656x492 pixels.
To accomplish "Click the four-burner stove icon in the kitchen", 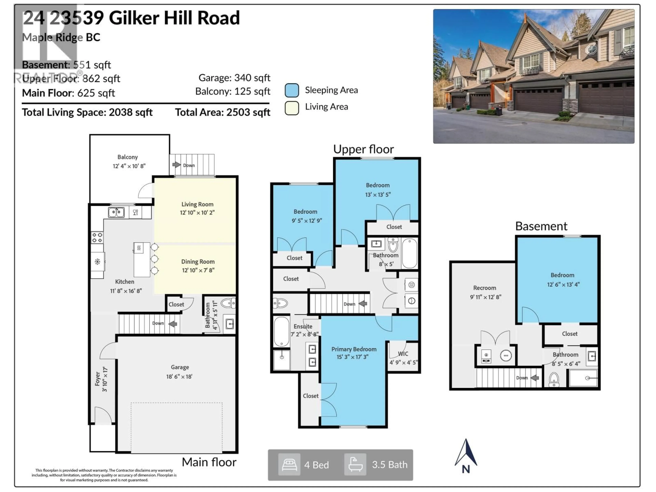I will pyautogui.click(x=97, y=237).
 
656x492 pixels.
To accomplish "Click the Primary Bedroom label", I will pyautogui.click(x=354, y=349).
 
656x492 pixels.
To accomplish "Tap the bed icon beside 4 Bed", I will pyautogui.click(x=289, y=464).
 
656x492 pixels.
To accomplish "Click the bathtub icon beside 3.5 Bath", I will pyautogui.click(x=355, y=464).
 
